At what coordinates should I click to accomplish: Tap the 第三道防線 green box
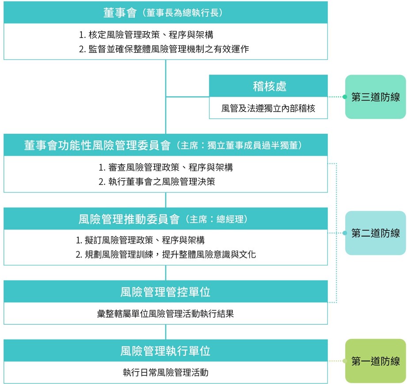(x=375, y=97)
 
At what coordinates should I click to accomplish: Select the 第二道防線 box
(x=375, y=233)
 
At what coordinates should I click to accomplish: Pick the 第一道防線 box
(x=375, y=361)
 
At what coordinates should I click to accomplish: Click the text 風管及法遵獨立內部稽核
(x=268, y=108)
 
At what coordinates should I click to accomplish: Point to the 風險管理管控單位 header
(x=166, y=291)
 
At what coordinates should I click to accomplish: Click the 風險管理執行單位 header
(x=166, y=350)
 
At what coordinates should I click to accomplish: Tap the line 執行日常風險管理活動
(x=166, y=373)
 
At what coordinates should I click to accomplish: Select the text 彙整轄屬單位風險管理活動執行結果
(x=165, y=314)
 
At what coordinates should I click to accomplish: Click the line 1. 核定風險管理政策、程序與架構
(x=146, y=34)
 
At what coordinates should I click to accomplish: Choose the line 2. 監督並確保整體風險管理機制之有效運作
(x=164, y=49)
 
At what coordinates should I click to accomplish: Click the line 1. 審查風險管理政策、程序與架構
(x=166, y=167)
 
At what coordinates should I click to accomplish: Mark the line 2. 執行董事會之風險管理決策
(x=157, y=181)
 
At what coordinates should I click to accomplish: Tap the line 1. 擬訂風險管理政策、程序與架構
(x=140, y=240)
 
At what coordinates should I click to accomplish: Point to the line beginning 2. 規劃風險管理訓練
(x=166, y=254)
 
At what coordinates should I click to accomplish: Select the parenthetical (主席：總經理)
(x=217, y=219)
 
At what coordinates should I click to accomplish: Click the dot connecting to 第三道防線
(x=345, y=97)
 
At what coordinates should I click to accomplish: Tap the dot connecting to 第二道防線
(x=345, y=233)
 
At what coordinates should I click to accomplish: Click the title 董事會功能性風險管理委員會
(x=97, y=145)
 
